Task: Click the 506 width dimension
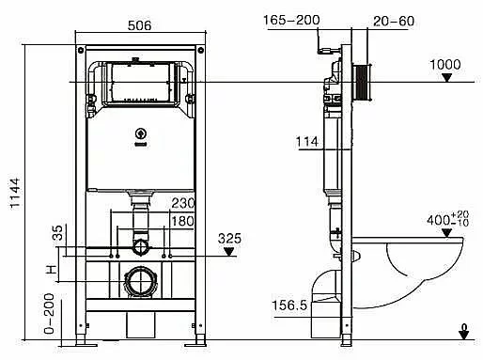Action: tap(139, 25)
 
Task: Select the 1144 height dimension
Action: tap(15, 193)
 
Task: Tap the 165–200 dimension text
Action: tap(291, 20)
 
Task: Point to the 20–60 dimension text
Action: tap(394, 21)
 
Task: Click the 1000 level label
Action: tap(445, 65)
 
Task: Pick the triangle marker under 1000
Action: tap(447, 78)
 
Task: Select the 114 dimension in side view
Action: tap(307, 142)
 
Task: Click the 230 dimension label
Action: tap(183, 203)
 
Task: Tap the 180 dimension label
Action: tap(183, 221)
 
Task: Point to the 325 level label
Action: tap(229, 239)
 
